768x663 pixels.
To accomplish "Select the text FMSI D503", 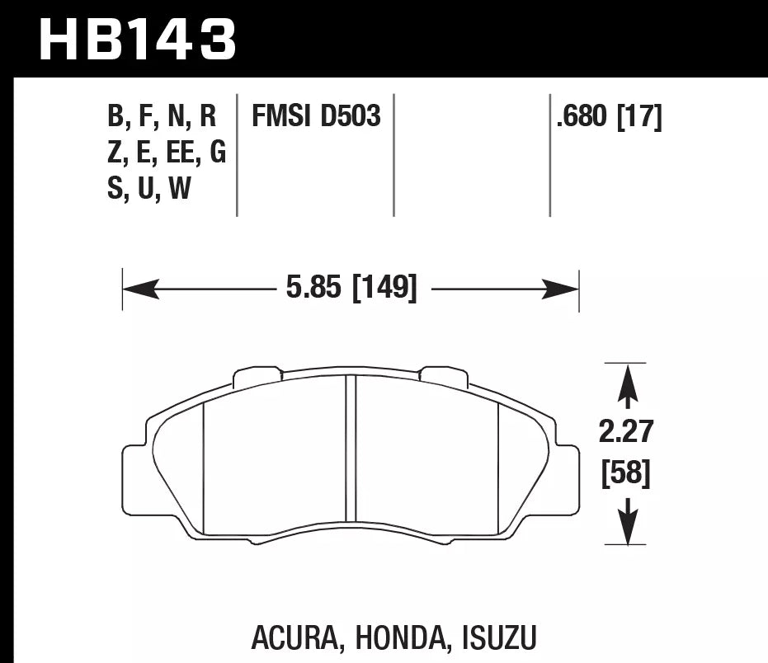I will click(x=316, y=117).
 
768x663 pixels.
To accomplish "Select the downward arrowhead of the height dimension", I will click(x=629, y=529).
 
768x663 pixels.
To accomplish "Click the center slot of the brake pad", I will click(x=351, y=449).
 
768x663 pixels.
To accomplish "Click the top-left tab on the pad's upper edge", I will click(x=257, y=376).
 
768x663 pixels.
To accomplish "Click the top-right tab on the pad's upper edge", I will click(x=444, y=376).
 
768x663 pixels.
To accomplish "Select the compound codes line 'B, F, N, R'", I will click(x=162, y=117).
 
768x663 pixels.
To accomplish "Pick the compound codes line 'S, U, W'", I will click(x=149, y=190).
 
